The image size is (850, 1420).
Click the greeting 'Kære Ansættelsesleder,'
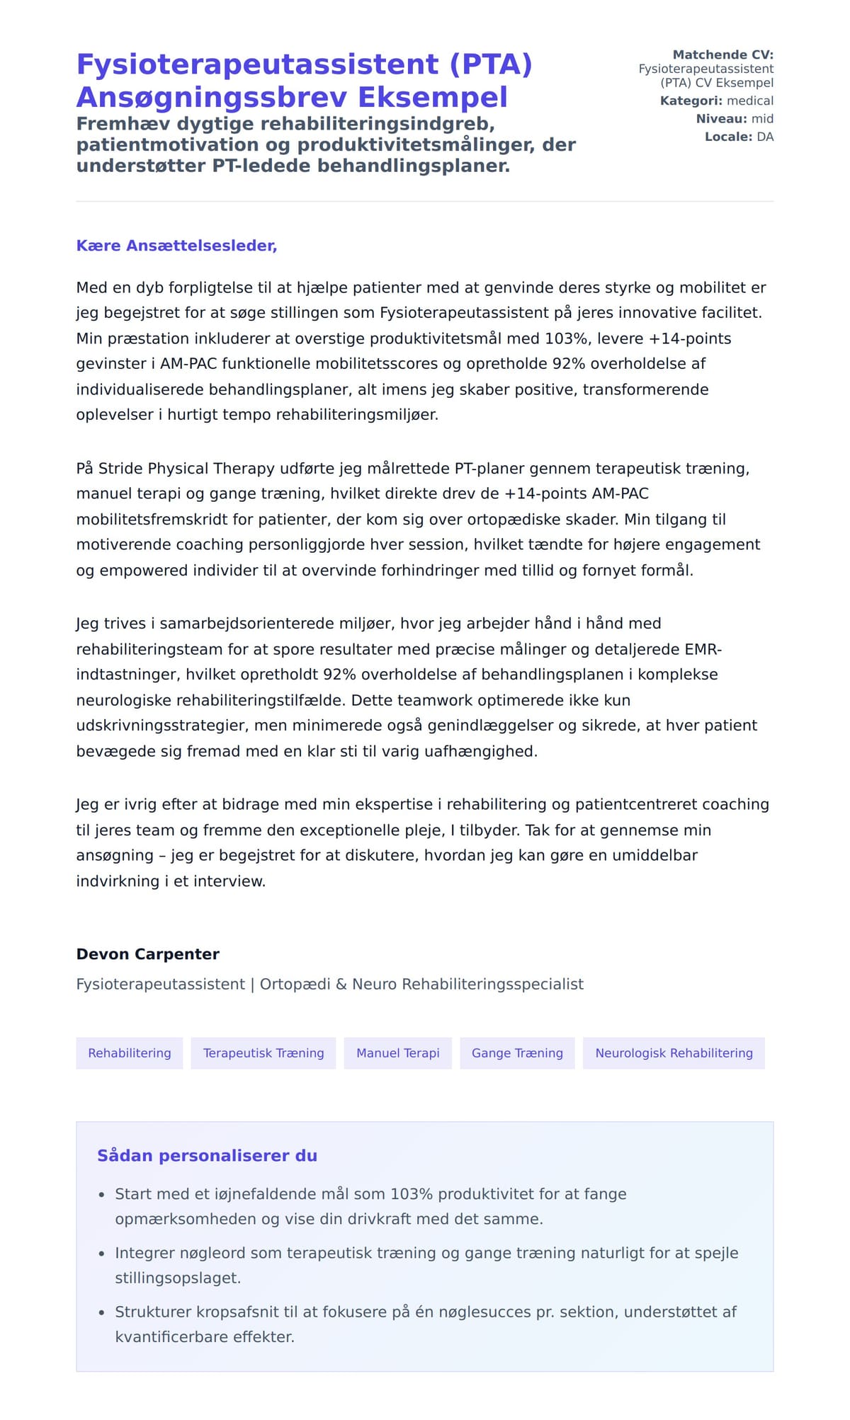[176, 246]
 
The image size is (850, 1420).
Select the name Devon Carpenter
[147, 954]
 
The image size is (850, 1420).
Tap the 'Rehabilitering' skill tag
[130, 1053]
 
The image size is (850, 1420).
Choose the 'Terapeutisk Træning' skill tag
[263, 1053]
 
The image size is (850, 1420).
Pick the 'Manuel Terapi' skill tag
[397, 1053]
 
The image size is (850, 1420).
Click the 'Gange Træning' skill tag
[517, 1053]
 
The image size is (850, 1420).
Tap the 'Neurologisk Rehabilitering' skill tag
[674, 1053]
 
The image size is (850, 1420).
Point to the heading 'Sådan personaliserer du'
[207, 1155]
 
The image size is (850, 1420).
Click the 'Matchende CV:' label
[722, 55]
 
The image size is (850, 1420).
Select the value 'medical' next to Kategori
[750, 101]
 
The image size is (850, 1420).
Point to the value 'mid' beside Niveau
[762, 118]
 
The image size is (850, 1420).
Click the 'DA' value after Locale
[765, 137]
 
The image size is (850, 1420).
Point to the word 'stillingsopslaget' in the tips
[177, 1278]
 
